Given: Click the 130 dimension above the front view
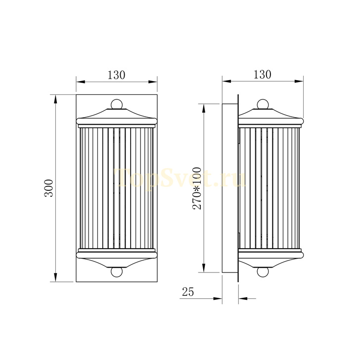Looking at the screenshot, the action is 116,75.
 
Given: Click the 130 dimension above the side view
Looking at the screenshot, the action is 262,75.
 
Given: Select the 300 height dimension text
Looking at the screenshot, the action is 48,188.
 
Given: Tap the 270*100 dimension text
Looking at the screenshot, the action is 197,188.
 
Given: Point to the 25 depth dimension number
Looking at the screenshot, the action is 188,292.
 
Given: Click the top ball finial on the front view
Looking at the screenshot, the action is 117,104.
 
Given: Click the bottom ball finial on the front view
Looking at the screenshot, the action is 117,272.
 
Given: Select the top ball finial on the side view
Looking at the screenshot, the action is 263,104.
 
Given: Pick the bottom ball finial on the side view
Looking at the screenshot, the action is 263,272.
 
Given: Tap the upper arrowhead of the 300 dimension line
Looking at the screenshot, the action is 55,99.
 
